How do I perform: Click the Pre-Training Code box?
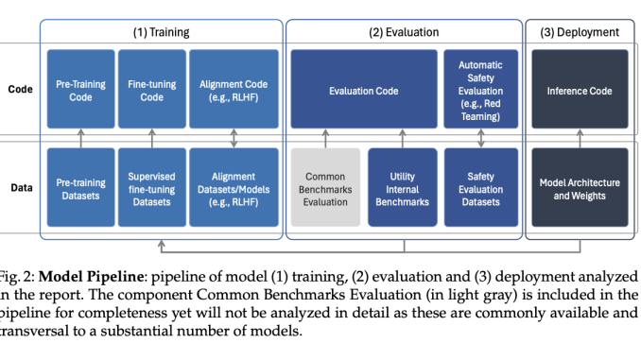tap(80, 91)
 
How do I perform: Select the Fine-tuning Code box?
tap(151, 91)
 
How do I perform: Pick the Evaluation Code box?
tap(363, 91)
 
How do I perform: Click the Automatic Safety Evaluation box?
tap(481, 91)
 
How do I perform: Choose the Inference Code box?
tap(580, 91)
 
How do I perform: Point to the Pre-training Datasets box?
tap(80, 188)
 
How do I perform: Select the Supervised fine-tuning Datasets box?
tap(151, 188)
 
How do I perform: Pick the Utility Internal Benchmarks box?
tap(403, 188)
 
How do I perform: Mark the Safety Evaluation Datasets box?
tap(481, 188)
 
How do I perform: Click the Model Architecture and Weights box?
tap(580, 188)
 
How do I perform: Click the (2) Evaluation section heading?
tap(404, 32)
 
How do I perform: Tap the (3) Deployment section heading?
tap(580, 32)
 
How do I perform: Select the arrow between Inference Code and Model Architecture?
tap(580, 140)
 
